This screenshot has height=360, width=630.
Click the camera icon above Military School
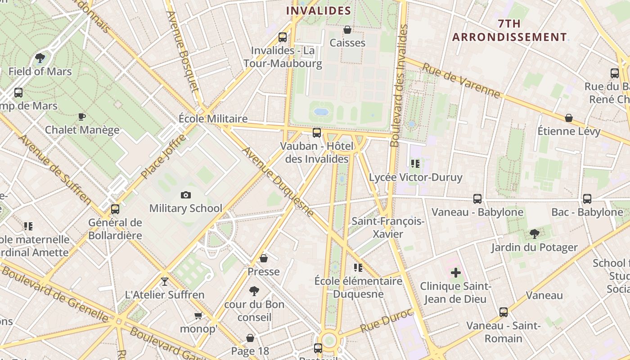pos(185,195)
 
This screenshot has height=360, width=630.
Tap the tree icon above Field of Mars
pos(40,58)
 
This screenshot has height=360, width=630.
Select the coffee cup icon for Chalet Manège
pos(81,117)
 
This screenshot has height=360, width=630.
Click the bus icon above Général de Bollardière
pos(115,209)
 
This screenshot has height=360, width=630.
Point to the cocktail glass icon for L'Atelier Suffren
pos(165,282)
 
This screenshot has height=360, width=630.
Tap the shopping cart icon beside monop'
pos(198,315)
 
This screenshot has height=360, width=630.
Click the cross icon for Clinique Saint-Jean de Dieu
pos(456,272)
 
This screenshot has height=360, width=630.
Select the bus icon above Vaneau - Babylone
pos(477,198)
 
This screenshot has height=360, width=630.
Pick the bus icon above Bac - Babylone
pos(587,198)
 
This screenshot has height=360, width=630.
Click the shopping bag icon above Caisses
pos(347,30)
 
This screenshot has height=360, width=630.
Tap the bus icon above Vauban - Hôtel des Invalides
pos(317,132)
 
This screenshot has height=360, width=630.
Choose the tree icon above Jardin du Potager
pos(535,234)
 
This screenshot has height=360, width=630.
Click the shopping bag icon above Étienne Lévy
pos(569,118)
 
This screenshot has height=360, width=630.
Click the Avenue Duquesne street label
pos(278,181)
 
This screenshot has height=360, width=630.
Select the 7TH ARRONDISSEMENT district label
pos(509,30)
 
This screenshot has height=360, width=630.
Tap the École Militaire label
pos(213,119)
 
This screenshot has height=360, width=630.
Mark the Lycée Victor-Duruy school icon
pos(415,164)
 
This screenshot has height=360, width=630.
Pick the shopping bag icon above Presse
pos(264,258)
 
